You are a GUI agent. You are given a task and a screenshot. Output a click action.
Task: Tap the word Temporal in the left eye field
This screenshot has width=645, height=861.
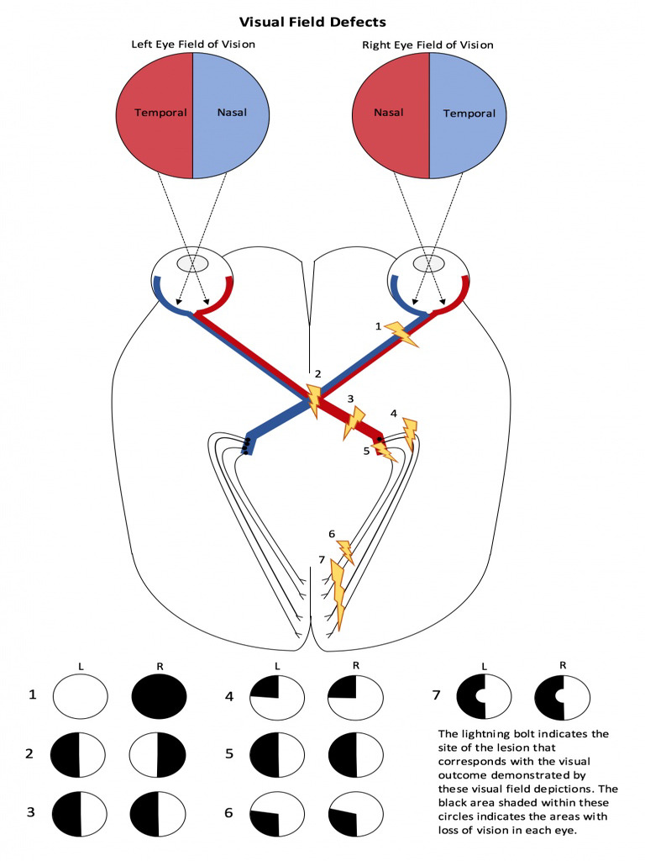(x=160, y=113)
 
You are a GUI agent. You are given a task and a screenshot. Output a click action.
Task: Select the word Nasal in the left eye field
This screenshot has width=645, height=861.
(x=231, y=113)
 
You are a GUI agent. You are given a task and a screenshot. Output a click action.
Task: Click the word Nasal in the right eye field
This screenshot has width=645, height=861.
(x=389, y=111)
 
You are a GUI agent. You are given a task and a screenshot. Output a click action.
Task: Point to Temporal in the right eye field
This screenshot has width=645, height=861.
(x=469, y=113)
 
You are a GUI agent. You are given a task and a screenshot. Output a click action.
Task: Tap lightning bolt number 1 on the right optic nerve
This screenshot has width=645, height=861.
(x=401, y=334)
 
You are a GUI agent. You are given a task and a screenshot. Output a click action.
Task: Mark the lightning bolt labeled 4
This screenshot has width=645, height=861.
(x=409, y=434)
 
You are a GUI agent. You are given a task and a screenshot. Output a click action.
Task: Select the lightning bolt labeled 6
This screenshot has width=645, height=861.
(x=344, y=552)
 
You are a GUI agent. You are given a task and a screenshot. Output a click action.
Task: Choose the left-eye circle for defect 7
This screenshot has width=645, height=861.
(x=483, y=697)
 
